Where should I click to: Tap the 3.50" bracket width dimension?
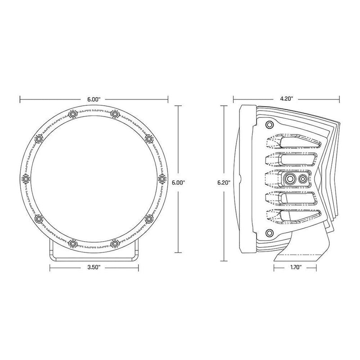(x=94, y=267)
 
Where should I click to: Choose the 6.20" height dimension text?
(x=224, y=183)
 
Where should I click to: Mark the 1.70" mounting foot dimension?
(x=292, y=267)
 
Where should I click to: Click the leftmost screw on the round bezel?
(x=25, y=179)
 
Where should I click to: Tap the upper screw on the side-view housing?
(x=269, y=124)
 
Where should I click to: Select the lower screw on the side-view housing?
(x=269, y=232)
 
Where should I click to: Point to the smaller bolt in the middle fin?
(x=303, y=179)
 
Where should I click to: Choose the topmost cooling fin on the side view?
(x=292, y=143)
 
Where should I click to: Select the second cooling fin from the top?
(x=292, y=159)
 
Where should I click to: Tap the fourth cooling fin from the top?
(x=292, y=198)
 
